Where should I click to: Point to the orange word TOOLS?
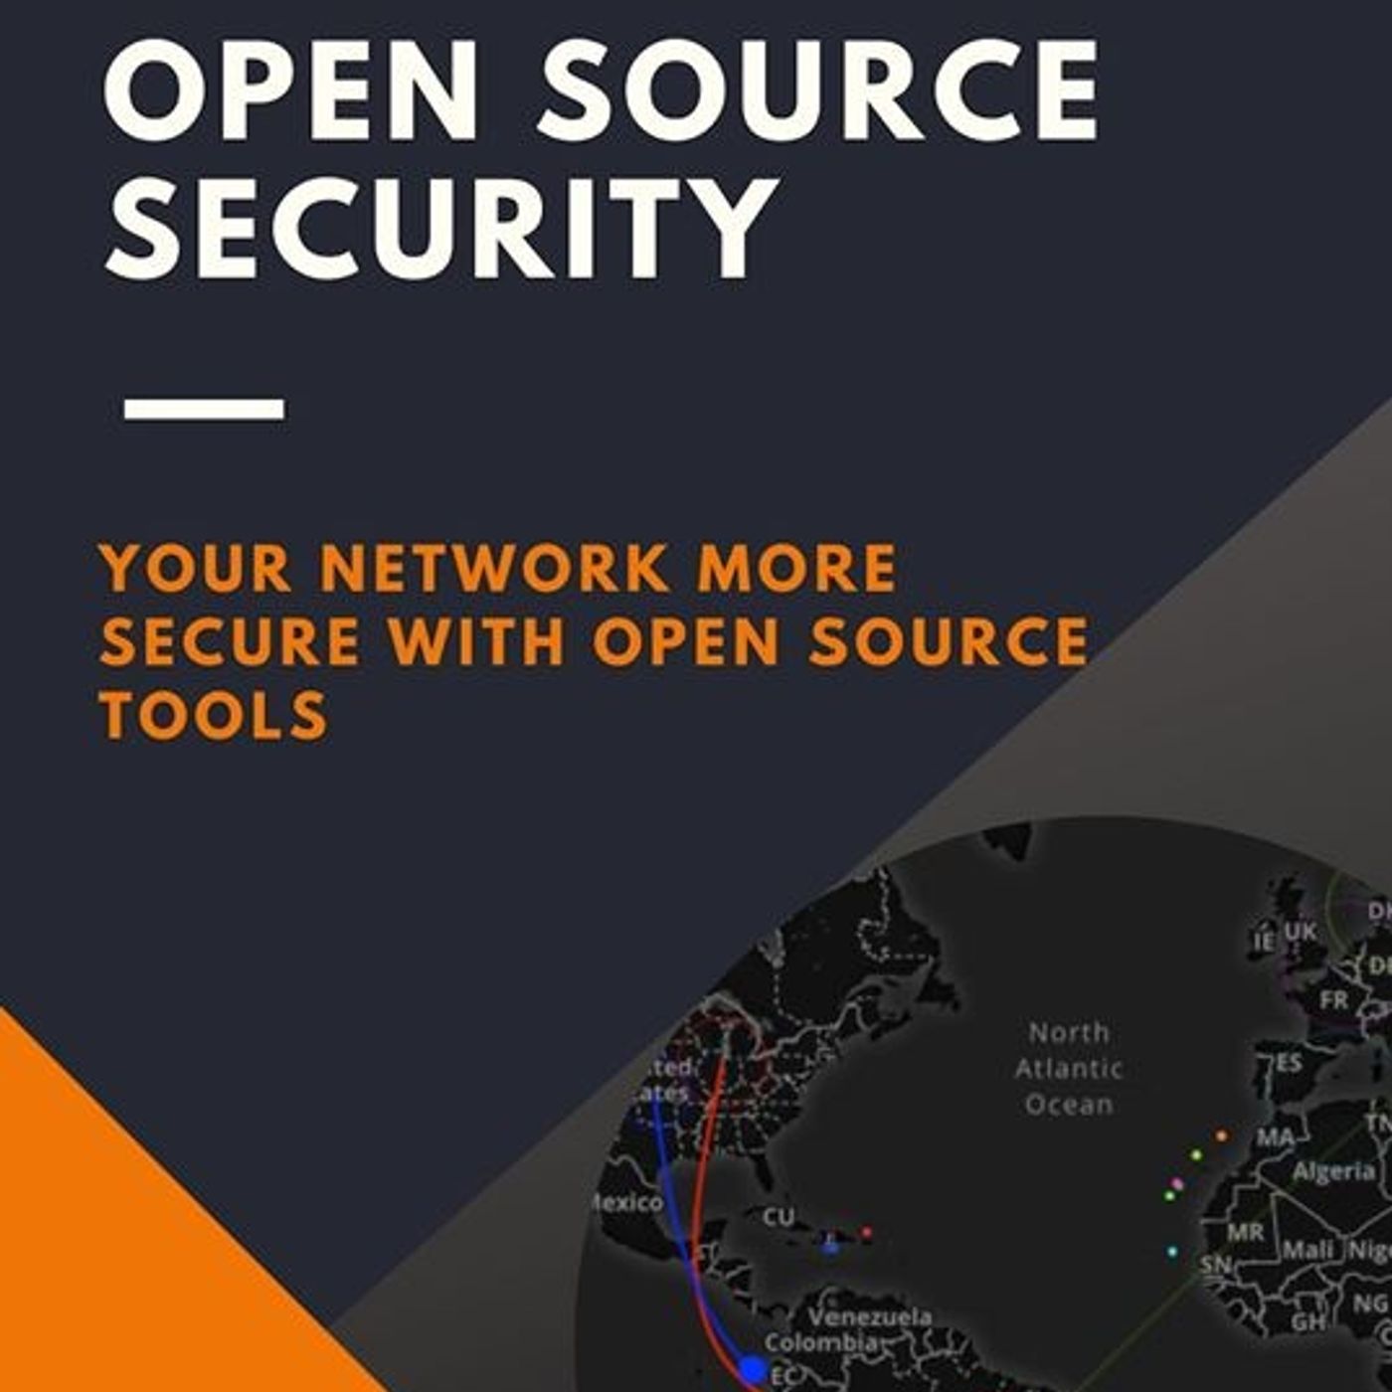[x=214, y=715]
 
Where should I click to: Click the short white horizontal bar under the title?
[x=204, y=409]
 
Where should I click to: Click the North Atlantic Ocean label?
[x=1069, y=1069]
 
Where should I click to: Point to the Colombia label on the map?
[x=821, y=1342]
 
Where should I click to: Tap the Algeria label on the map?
[x=1333, y=1171]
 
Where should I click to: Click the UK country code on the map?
[x=1300, y=932]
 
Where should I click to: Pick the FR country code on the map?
[x=1334, y=999]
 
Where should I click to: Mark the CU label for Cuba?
[x=779, y=1217]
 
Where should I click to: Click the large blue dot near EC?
[x=754, y=1369]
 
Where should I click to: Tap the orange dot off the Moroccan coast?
[x=1221, y=1135]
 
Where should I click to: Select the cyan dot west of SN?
[x=1172, y=1251]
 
